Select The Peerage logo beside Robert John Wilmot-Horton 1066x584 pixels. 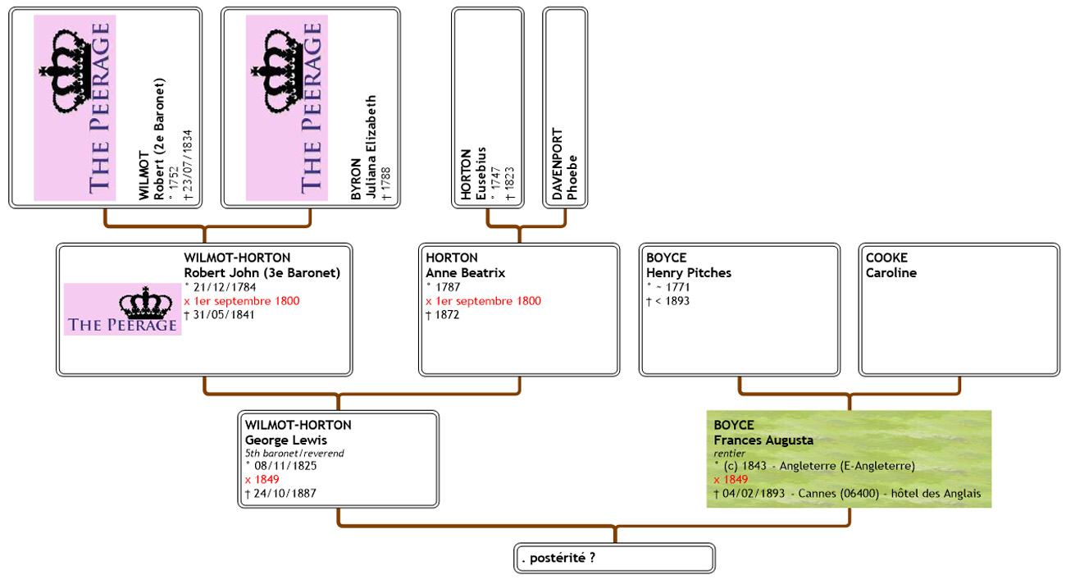coord(122,309)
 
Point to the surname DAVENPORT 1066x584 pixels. coord(558,164)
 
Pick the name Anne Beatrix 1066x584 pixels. coord(465,273)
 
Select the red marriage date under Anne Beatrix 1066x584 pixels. coord(483,301)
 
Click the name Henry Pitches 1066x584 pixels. coord(689,273)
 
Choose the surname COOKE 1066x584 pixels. coord(886,258)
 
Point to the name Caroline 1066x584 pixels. coord(891,273)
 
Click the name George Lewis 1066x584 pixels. coord(285,440)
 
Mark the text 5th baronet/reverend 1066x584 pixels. coord(294,453)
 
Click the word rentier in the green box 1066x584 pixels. coord(729,453)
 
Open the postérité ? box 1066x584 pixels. coord(614,559)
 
